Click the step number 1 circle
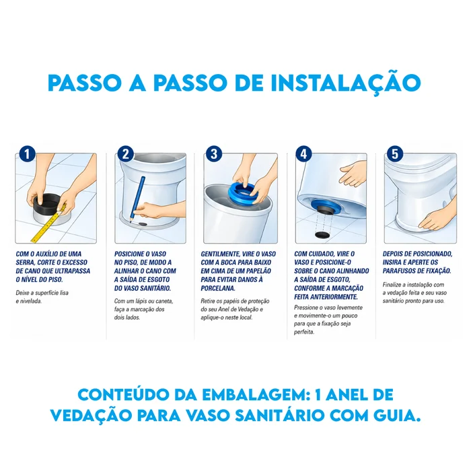[x=28, y=154]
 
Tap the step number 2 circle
[x=126, y=154]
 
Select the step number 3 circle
[x=214, y=154]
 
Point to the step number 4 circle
[x=303, y=154]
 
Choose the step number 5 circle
[x=395, y=154]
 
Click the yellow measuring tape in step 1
[x=48, y=225]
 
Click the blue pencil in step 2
[x=137, y=199]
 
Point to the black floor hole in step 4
[x=321, y=235]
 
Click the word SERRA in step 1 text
[x=26, y=262]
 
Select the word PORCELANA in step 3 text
[x=218, y=288]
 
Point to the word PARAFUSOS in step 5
[x=398, y=270]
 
